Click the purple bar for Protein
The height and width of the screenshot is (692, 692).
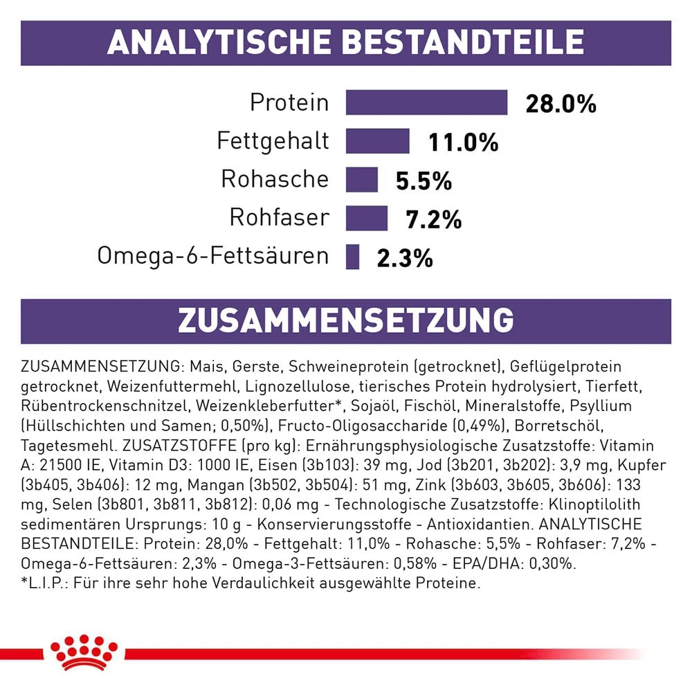(x=426, y=102)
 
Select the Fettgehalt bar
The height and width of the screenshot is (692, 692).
(x=378, y=141)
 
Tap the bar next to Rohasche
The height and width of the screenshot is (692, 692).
(x=362, y=179)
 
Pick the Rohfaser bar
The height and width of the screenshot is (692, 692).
(x=367, y=218)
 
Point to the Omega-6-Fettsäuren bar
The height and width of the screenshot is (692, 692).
(x=353, y=257)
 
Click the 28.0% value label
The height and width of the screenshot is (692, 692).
(x=561, y=104)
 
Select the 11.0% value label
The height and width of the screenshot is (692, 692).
(x=463, y=143)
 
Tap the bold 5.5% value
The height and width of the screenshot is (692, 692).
(x=424, y=181)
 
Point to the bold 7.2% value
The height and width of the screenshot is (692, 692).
(x=433, y=220)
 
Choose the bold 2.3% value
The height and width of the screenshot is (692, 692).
(x=405, y=259)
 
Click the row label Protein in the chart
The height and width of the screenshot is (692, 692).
(x=289, y=103)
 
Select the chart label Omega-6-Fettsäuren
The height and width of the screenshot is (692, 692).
(x=212, y=256)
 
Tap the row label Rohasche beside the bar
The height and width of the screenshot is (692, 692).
(x=275, y=179)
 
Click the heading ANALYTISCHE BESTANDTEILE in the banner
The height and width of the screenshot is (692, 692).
(x=345, y=43)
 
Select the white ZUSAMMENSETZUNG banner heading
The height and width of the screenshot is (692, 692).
(x=345, y=321)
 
